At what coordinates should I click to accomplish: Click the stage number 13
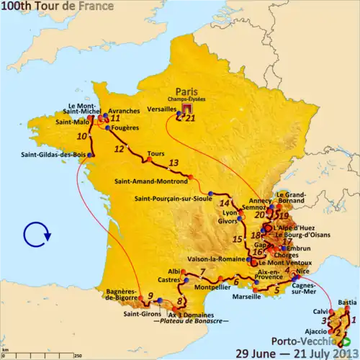(174, 163)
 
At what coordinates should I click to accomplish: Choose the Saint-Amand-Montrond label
(149, 181)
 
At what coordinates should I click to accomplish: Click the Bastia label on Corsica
(347, 302)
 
